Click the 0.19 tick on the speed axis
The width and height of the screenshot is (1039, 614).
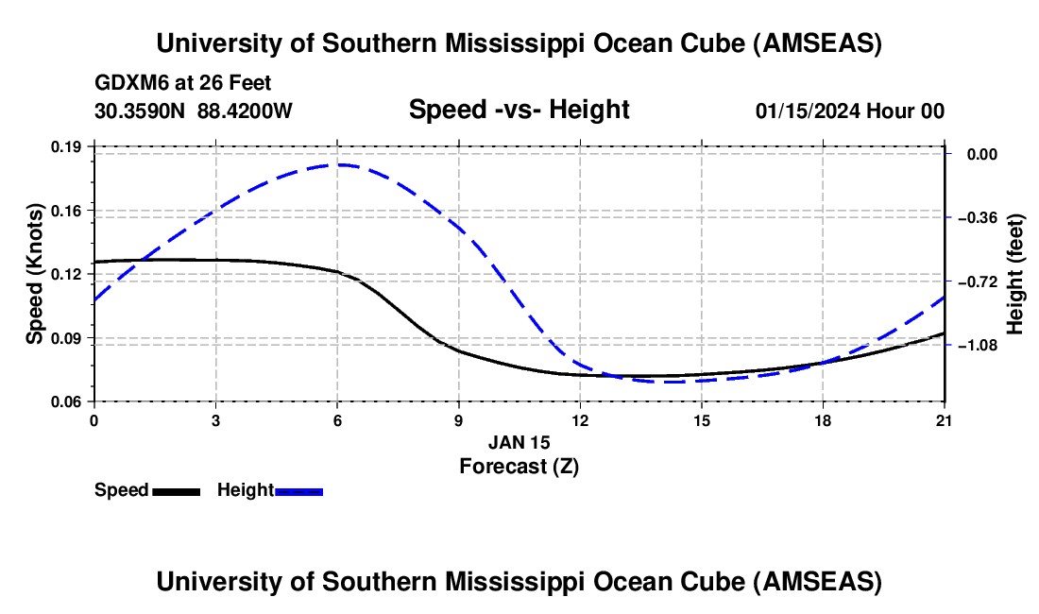click(x=70, y=146)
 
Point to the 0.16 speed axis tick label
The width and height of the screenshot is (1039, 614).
click(x=70, y=210)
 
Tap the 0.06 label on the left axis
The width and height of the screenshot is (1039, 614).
click(x=70, y=401)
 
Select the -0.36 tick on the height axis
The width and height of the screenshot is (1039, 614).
click(x=976, y=218)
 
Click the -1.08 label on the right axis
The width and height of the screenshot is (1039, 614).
click(x=976, y=346)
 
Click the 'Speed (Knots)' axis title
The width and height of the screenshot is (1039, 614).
click(x=34, y=274)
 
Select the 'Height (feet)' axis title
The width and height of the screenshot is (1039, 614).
click(x=1015, y=274)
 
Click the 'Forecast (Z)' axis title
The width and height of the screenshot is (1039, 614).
click(x=519, y=466)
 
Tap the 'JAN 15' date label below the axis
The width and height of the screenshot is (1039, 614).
click(x=519, y=442)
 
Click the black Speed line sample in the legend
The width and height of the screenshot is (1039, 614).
click(x=177, y=491)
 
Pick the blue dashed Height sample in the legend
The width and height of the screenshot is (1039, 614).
click(x=299, y=491)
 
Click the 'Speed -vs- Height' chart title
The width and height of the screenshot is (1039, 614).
click(x=519, y=110)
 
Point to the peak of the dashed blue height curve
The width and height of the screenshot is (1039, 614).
click(x=339, y=164)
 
